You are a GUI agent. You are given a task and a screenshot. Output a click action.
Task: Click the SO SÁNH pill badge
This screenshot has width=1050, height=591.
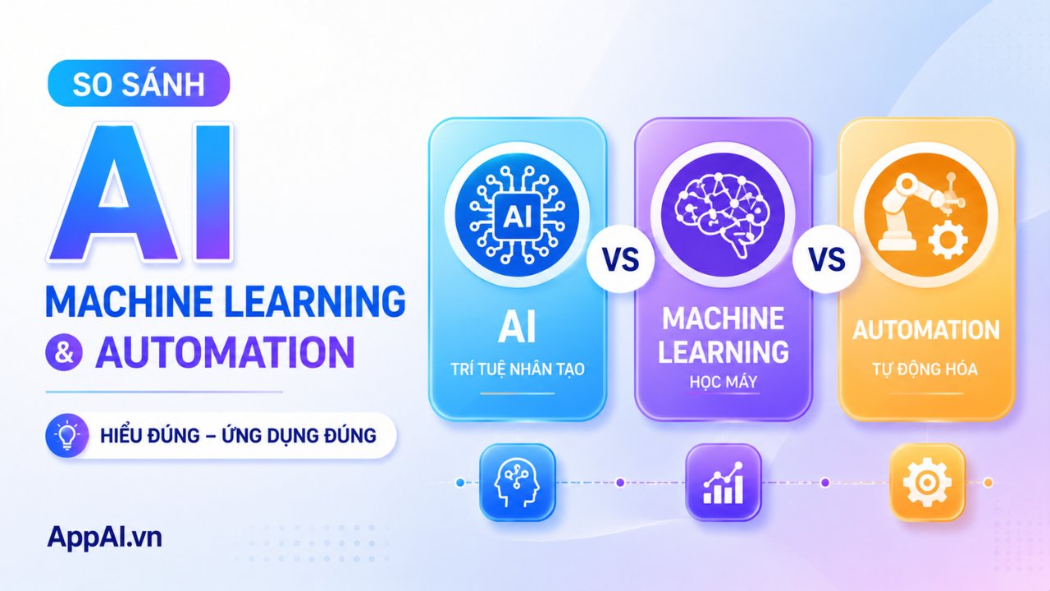pyautogui.click(x=139, y=84)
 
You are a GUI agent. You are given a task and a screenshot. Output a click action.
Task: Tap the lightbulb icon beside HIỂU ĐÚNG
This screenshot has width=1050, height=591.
pyautogui.click(x=66, y=435)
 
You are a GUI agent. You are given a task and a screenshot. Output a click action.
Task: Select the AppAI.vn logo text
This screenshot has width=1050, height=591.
pyautogui.click(x=104, y=538)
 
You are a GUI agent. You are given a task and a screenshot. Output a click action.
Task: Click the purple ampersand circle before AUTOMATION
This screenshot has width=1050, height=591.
pyautogui.click(x=64, y=352)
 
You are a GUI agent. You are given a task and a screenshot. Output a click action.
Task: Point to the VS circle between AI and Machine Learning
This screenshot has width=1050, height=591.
pyautogui.click(x=620, y=259)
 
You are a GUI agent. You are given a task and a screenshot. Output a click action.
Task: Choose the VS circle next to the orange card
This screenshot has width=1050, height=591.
pyautogui.click(x=826, y=259)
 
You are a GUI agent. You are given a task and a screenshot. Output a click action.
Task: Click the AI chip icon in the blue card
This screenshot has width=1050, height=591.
pyautogui.click(x=517, y=216)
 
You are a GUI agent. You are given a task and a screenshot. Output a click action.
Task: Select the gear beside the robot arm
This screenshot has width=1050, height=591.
pyautogui.click(x=947, y=240)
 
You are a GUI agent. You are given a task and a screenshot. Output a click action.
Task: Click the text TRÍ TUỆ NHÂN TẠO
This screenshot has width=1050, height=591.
pyautogui.click(x=518, y=369)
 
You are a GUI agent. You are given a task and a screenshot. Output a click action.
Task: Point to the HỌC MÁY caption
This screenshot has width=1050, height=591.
pyautogui.click(x=724, y=382)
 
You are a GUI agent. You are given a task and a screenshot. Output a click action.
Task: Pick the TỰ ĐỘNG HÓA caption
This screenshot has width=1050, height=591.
pyautogui.click(x=924, y=369)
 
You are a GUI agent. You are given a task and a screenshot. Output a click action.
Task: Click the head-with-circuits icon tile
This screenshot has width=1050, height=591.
pyautogui.click(x=517, y=483)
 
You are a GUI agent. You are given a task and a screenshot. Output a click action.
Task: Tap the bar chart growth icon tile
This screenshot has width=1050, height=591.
pyautogui.click(x=724, y=483)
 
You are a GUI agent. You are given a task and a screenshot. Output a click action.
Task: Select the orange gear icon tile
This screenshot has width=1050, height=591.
pyautogui.click(x=927, y=483)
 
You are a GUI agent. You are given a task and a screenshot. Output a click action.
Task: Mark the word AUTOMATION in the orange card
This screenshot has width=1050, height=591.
pyautogui.click(x=926, y=330)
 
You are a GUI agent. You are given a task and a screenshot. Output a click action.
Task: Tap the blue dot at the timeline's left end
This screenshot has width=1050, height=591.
pyautogui.click(x=460, y=483)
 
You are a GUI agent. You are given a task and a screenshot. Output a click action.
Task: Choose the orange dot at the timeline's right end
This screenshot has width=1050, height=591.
pyautogui.click(x=988, y=483)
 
